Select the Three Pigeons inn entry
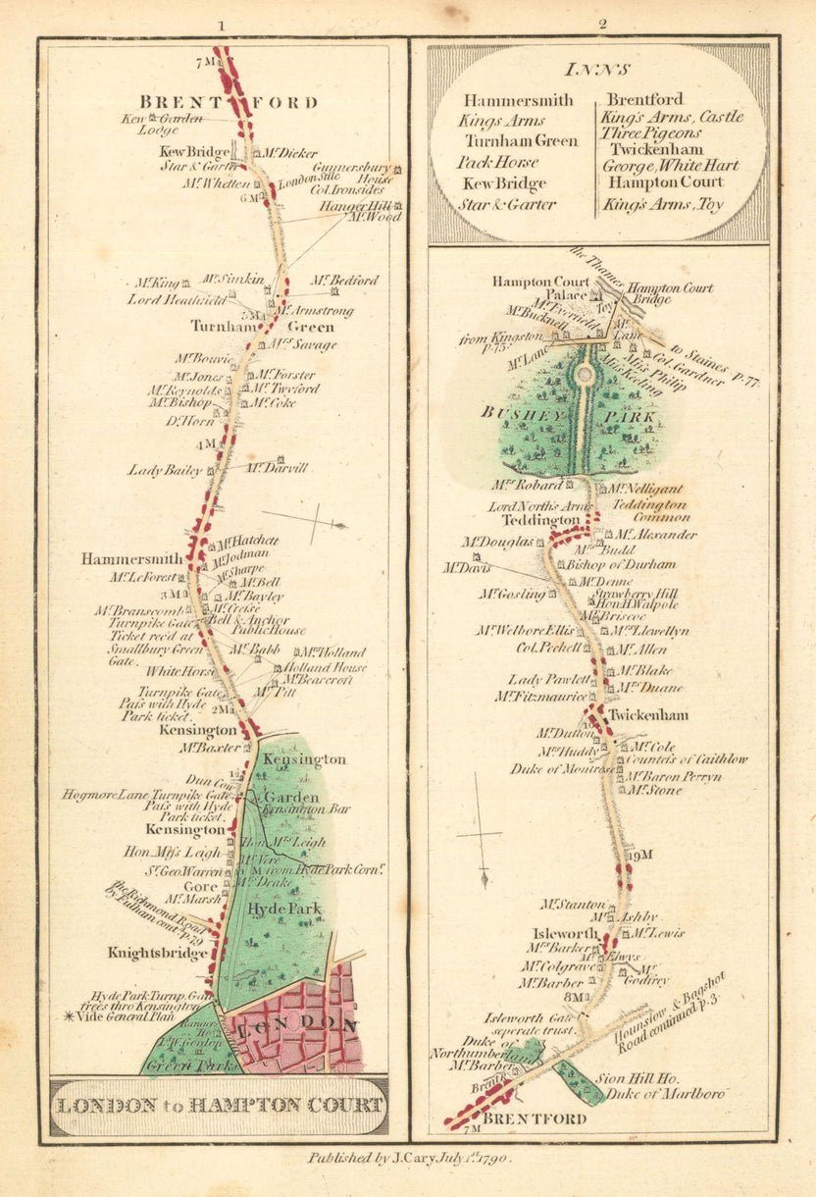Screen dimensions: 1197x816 [x=651, y=133]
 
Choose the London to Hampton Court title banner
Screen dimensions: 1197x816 [x=219, y=1105]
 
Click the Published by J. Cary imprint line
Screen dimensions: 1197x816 [x=408, y=1158]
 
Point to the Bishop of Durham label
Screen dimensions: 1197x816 [x=622, y=564]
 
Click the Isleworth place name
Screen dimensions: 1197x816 [x=560, y=933]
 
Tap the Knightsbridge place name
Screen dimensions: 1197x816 [x=159, y=953]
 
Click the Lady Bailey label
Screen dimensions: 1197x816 [x=165, y=471]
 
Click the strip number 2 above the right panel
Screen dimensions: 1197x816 [x=602, y=25]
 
